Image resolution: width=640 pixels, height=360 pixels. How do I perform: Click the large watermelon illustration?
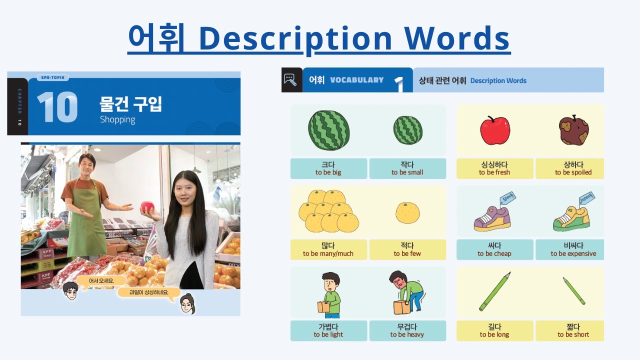click(328, 130)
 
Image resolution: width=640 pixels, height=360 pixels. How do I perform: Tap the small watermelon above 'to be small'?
click(407, 130)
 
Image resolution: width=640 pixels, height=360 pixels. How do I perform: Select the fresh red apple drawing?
click(494, 130)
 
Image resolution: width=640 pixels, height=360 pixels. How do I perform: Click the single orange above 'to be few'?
click(407, 212)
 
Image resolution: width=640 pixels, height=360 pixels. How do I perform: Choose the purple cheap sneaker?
click(492, 218)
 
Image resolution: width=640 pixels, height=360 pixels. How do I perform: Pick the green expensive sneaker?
click(571, 218)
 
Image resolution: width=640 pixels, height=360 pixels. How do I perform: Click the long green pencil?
click(494, 291)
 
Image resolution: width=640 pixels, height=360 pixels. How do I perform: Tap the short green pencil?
click(573, 291)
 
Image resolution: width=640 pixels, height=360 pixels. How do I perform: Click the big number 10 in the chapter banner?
click(57, 107)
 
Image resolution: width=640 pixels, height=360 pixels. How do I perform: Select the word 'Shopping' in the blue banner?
click(117, 119)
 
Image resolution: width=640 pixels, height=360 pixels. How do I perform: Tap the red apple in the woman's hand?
click(147, 206)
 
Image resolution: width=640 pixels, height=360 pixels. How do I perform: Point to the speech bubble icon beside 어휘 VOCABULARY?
click(291, 79)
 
